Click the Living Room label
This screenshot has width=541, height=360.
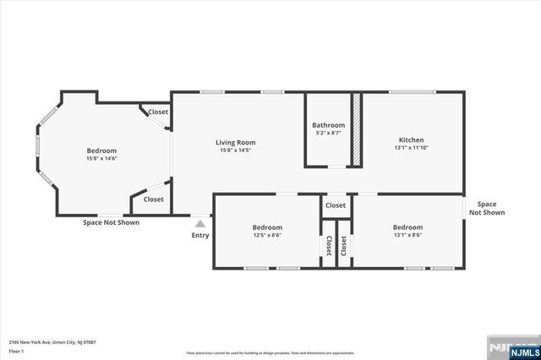(x=235, y=142)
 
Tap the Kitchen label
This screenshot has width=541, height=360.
(x=411, y=139)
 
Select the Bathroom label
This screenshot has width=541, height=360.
(x=328, y=125)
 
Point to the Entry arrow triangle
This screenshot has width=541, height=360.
(x=200, y=224)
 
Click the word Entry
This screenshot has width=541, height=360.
(x=200, y=235)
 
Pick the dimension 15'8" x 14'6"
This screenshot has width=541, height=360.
(x=101, y=158)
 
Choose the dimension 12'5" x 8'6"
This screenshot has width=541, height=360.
(x=267, y=236)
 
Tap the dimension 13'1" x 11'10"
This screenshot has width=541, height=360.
(x=411, y=149)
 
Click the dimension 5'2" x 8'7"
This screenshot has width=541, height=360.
(x=328, y=134)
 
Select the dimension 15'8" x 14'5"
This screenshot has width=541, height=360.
(x=235, y=150)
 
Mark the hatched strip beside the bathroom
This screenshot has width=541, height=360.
(x=357, y=130)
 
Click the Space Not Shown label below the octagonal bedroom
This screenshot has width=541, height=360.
(x=111, y=222)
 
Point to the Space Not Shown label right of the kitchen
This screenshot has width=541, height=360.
(x=487, y=208)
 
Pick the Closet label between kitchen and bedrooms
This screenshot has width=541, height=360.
(x=336, y=205)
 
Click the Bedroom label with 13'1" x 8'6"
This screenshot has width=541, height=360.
(x=407, y=226)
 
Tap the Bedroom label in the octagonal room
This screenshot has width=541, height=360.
(x=101, y=150)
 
